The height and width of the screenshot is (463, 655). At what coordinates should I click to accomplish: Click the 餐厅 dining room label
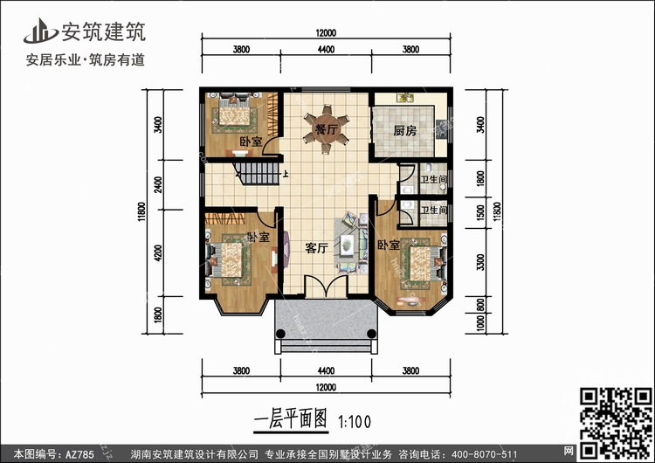tap(327, 129)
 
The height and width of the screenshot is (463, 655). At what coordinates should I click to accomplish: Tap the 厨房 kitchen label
tap(404, 131)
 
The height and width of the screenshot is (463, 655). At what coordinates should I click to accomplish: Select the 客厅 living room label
tap(316, 248)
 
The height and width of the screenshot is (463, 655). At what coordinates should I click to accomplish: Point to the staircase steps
tap(259, 174)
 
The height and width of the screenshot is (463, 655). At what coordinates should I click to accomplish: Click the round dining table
tap(327, 129)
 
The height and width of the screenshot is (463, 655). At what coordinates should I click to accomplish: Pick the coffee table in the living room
tap(347, 245)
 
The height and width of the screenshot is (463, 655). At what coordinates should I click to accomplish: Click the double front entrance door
tap(327, 286)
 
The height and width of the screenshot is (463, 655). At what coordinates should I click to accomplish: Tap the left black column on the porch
tap(280, 334)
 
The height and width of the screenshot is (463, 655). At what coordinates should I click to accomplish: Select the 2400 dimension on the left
tap(157, 184)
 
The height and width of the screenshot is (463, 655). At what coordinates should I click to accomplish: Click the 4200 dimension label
tap(157, 252)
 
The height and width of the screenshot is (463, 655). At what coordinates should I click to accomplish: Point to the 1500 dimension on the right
tap(480, 212)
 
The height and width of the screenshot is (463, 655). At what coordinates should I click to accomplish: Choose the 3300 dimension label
tap(480, 262)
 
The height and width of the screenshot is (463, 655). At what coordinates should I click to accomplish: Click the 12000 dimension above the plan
tap(326, 32)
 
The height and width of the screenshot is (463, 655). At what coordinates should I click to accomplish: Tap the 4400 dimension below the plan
tap(326, 370)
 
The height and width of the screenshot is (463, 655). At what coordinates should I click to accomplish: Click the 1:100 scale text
tap(355, 422)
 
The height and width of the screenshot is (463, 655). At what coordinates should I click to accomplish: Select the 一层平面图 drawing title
tap(291, 418)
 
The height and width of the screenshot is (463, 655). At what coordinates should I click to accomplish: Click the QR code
tap(616, 423)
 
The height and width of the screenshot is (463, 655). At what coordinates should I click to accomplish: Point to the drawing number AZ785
tap(79, 453)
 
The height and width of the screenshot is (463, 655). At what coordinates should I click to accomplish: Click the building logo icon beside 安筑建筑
tap(40, 31)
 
